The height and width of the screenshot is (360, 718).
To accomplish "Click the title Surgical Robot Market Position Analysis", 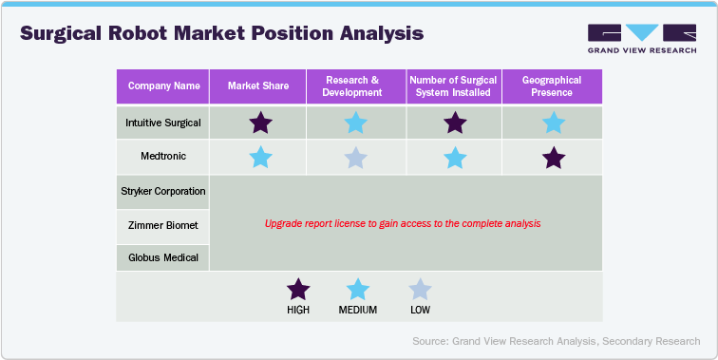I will (221, 33).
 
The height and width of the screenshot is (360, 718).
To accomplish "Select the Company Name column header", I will (163, 86).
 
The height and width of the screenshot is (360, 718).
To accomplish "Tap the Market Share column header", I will (257, 86).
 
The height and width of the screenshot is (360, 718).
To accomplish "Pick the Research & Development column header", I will (355, 86).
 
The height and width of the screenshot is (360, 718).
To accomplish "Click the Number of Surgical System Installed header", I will (454, 86).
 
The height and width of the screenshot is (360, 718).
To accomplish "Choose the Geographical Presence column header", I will (552, 86).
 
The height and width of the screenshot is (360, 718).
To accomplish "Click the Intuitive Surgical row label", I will (163, 123).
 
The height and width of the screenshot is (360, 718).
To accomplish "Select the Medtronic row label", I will (163, 157).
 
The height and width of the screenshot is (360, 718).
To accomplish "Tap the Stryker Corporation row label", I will (163, 192).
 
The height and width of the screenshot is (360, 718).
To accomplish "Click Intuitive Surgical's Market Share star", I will (259, 123).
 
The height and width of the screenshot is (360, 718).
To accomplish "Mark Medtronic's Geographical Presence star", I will (552, 158).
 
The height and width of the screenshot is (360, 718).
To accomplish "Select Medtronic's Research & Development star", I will (355, 158).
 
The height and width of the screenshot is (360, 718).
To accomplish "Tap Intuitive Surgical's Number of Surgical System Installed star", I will (455, 123).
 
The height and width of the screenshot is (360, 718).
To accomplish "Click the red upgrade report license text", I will (403, 224).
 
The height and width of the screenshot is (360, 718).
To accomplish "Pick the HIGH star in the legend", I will (298, 290).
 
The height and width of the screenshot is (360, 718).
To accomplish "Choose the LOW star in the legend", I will (419, 290).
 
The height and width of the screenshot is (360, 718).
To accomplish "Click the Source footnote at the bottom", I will (557, 341).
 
